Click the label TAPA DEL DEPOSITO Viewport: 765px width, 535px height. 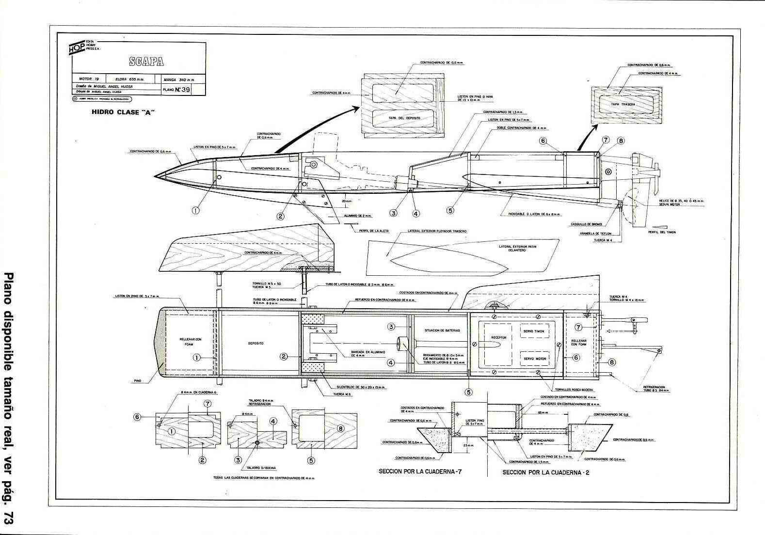(404, 118)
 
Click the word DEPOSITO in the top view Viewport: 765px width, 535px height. (255, 343)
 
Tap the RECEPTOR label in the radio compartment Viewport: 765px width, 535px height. (498, 337)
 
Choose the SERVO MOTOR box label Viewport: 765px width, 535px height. (534, 359)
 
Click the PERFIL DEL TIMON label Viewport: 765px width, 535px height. (661, 232)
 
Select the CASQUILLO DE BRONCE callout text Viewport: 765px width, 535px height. (587, 224)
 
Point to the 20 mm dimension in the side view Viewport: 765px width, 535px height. (346, 200)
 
